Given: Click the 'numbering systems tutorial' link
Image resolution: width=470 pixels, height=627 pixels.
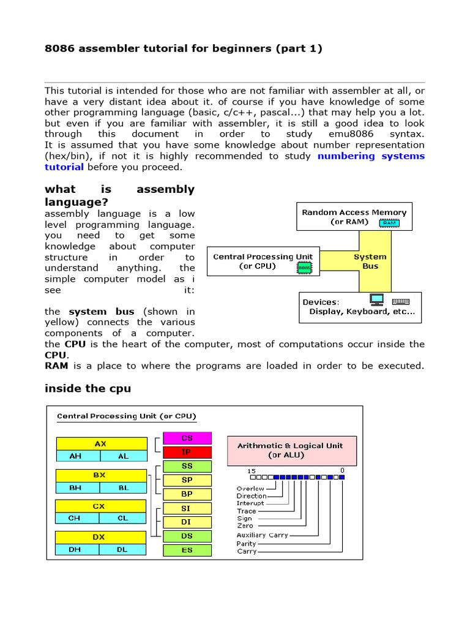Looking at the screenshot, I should [371, 156].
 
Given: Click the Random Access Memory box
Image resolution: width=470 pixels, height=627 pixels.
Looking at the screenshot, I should [354, 217].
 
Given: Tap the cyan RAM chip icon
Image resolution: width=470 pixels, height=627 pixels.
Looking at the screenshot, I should [389, 223].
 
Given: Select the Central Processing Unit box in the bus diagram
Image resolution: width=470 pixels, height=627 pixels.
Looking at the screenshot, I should [263, 261].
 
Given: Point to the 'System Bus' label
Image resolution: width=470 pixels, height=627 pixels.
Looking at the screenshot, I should [370, 261].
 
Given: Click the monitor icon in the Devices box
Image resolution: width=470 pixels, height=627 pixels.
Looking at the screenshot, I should [376, 300].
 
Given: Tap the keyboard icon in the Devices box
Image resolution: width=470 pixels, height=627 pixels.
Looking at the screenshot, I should [401, 301].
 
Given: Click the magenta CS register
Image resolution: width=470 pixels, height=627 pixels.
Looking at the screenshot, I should [187, 438].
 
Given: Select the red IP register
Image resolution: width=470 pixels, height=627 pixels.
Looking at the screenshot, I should [187, 452].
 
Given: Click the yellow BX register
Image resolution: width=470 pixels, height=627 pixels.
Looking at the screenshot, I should [101, 475].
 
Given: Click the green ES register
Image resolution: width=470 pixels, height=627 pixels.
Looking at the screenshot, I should [187, 550].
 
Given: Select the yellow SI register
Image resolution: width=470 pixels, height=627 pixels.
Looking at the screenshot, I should [187, 508].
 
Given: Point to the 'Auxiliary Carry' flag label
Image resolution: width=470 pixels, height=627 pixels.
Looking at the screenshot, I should [263, 535].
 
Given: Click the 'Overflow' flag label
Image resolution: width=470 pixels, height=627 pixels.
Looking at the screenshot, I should [251, 489].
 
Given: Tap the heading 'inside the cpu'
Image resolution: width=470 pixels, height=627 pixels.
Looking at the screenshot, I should [88, 389].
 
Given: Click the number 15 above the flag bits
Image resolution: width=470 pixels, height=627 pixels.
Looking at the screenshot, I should [252, 470].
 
